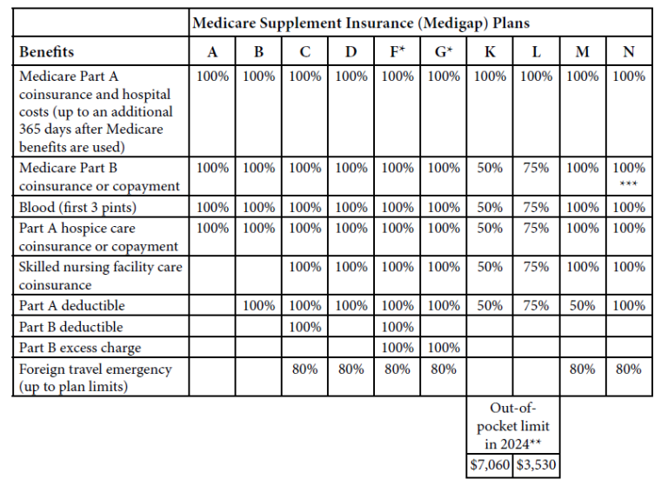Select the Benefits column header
pos(47,52)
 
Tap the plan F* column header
pos(397,52)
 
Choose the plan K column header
pos(491,52)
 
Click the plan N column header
pos(629,52)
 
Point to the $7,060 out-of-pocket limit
pos(491,465)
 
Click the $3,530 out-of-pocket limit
pos(537,465)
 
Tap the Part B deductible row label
pos(70,327)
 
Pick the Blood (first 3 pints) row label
pos(77,207)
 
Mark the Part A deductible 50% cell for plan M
pos(583,306)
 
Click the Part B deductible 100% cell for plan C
pos(305,327)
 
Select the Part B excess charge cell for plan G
pos(444,348)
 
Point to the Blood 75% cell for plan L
pos(537,207)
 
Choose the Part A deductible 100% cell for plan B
pos(259,306)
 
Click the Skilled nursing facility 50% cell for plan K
pos(491,268)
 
